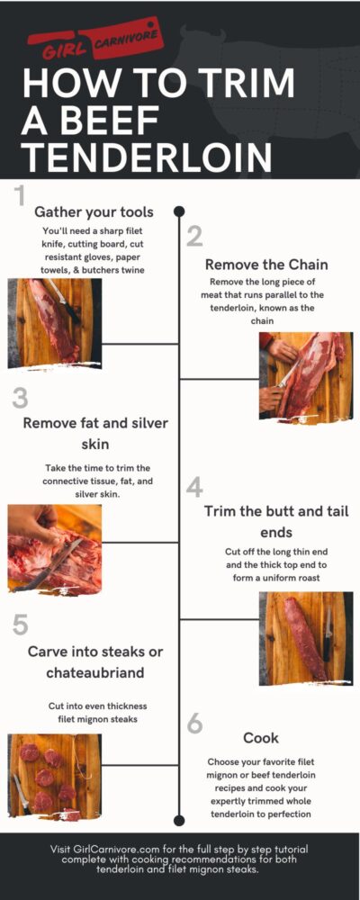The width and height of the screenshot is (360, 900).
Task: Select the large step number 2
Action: point(195,238)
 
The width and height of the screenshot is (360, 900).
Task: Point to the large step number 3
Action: point(21,398)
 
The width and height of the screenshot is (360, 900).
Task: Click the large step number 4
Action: point(195,487)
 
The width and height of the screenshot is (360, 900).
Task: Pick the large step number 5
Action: point(21,625)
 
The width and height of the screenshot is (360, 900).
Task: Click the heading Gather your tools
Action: point(94,212)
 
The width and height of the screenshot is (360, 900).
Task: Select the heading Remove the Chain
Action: point(265,265)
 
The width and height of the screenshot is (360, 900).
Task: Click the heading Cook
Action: point(261,738)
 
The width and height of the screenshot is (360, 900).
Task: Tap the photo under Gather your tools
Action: point(50,322)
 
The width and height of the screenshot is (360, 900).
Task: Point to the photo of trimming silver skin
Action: point(54,548)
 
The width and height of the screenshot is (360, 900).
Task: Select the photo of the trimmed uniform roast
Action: point(306,637)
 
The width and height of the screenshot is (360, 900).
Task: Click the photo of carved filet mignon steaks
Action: point(54,776)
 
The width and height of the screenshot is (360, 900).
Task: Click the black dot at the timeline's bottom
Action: point(179,819)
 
